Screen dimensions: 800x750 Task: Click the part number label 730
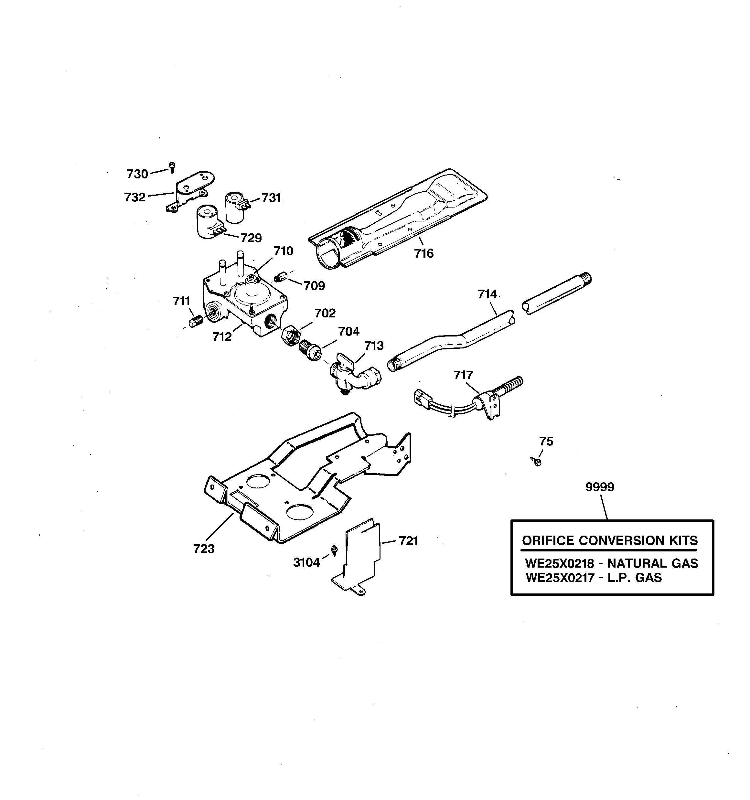pyautogui.click(x=137, y=174)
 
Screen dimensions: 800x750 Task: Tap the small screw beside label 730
pyautogui.click(x=172, y=166)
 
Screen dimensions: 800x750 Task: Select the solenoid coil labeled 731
pyautogui.click(x=235, y=207)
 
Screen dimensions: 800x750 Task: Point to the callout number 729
pyautogui.click(x=251, y=238)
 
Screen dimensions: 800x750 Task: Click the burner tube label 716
pyautogui.click(x=424, y=253)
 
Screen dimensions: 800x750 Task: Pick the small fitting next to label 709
pyautogui.click(x=279, y=278)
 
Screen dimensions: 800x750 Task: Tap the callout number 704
pyautogui.click(x=348, y=332)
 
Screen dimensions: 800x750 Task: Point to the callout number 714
pyautogui.click(x=487, y=294)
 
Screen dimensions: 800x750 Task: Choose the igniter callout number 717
pyautogui.click(x=463, y=375)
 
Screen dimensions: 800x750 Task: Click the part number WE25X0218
pyautogui.click(x=559, y=563)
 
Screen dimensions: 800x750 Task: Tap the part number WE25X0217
pyautogui.click(x=560, y=578)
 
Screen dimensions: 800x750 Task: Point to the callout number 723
pyautogui.click(x=204, y=549)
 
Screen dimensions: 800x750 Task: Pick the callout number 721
pyautogui.click(x=409, y=541)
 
